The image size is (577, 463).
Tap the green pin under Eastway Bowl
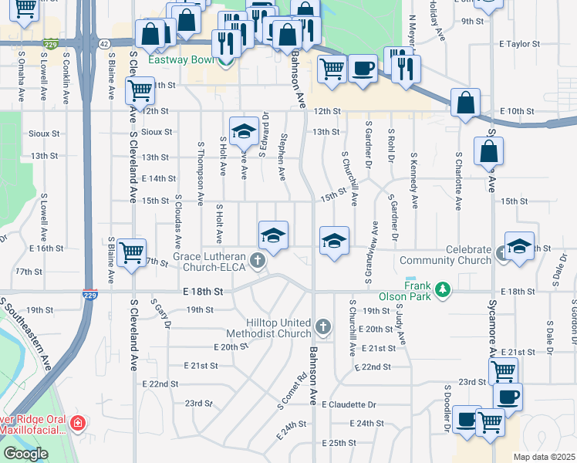[x=226, y=62]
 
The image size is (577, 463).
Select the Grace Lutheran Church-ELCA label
[x=209, y=262]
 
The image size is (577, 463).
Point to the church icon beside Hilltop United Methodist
[x=322, y=329]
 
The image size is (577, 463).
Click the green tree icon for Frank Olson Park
[x=442, y=289]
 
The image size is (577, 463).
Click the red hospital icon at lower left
[x=77, y=423]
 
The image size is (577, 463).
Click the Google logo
[x=25, y=454]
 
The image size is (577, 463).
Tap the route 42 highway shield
[x=103, y=44]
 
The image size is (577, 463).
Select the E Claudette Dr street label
[x=349, y=404]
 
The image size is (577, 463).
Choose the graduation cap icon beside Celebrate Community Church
[x=519, y=247]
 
